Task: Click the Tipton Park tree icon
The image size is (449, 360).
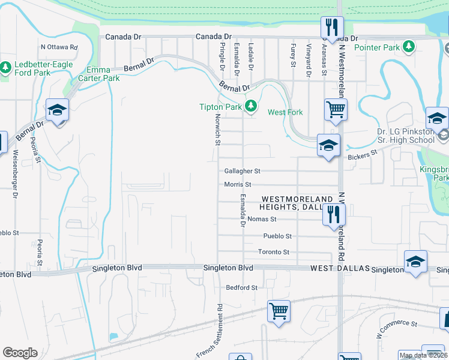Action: pyautogui.click(x=251, y=107)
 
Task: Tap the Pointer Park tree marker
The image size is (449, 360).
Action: pyautogui.click(x=409, y=46)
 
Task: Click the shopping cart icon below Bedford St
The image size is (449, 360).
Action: pyautogui.click(x=279, y=311)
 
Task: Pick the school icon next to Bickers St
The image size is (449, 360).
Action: pyautogui.click(x=328, y=146)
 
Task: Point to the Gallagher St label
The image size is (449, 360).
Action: pyautogui.click(x=242, y=171)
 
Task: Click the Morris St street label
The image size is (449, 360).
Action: pyautogui.click(x=237, y=184)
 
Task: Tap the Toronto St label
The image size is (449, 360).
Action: pyautogui.click(x=274, y=252)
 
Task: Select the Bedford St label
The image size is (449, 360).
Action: pyautogui.click(x=242, y=288)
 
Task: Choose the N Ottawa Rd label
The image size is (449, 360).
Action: pyautogui.click(x=59, y=47)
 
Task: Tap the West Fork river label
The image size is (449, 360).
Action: pyautogui.click(x=285, y=112)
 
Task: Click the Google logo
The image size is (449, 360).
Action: pyautogui.click(x=20, y=353)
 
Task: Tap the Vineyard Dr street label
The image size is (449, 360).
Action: pyautogui.click(x=309, y=60)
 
